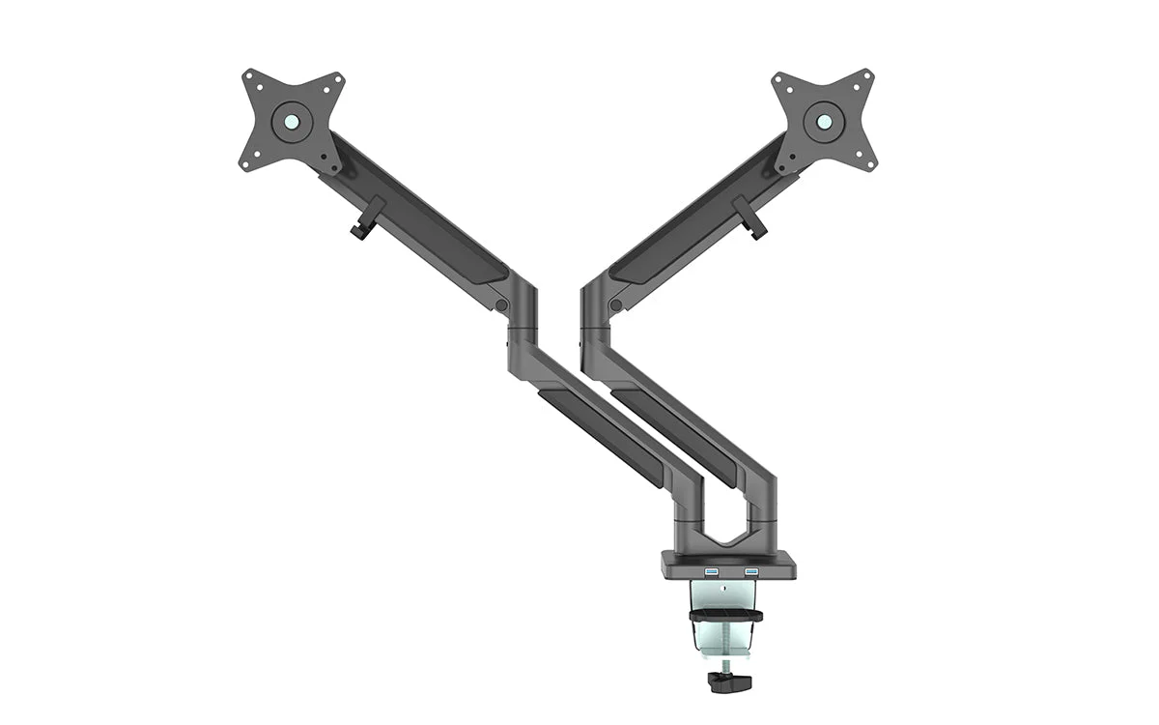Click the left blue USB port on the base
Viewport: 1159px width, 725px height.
pos(712,573)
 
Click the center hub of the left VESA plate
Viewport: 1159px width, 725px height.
pos(291,121)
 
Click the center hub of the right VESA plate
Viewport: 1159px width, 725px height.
pos(824,121)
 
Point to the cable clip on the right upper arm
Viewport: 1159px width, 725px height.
pos(749,218)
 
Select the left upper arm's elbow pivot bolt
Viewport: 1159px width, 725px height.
pos(501,304)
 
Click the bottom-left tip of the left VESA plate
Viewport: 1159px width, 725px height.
pos(245,163)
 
